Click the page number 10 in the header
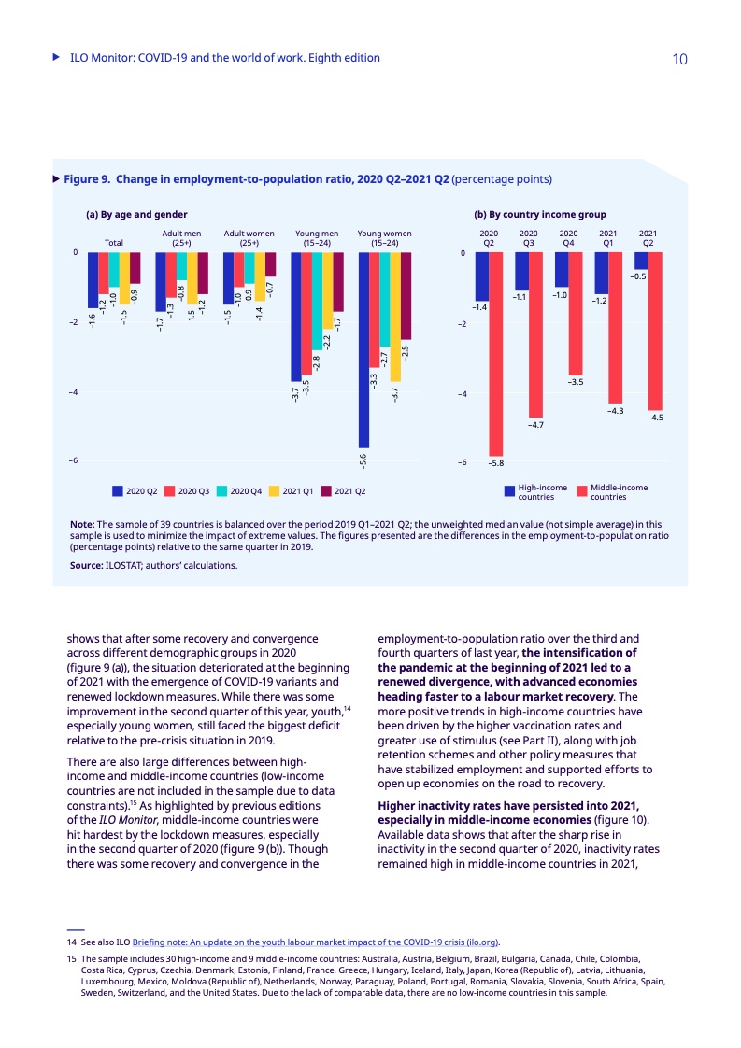(679, 59)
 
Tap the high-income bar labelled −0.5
(640, 261)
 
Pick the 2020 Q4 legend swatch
(222, 490)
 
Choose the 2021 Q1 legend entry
(291, 490)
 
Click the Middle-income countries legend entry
(613, 491)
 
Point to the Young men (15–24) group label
(317, 237)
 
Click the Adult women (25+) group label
(249, 237)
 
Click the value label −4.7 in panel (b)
(535, 426)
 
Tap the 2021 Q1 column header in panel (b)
(607, 237)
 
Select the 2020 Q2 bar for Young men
(295, 317)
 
